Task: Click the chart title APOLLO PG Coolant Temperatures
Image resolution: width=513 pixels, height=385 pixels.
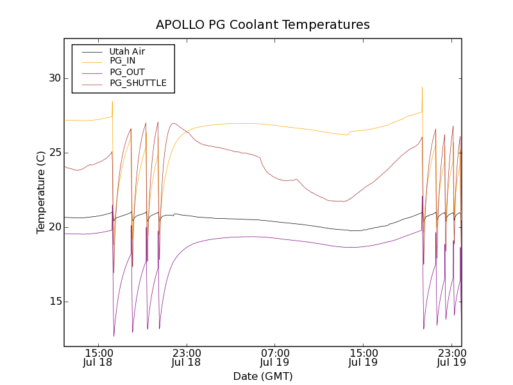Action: click(263, 25)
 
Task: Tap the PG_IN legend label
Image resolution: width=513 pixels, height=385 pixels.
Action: click(122, 60)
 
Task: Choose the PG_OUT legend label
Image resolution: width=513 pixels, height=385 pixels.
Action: click(126, 72)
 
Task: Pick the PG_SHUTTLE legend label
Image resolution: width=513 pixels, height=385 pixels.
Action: click(138, 83)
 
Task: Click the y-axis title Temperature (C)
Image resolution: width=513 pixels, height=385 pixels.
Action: click(40, 192)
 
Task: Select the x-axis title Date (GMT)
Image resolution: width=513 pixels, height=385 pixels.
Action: click(263, 376)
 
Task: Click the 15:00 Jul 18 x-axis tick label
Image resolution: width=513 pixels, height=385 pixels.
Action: click(99, 357)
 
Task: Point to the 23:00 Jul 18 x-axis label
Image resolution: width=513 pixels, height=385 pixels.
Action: click(187, 357)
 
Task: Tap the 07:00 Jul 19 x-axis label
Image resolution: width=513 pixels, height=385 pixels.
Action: click(274, 357)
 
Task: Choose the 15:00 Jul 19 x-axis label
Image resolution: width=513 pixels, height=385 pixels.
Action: click(362, 357)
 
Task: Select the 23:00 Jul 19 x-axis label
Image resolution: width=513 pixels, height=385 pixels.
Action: click(450, 357)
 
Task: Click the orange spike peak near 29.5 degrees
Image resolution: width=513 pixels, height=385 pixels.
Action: click(422, 88)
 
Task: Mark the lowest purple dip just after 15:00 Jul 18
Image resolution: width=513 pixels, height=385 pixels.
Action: click(114, 336)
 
